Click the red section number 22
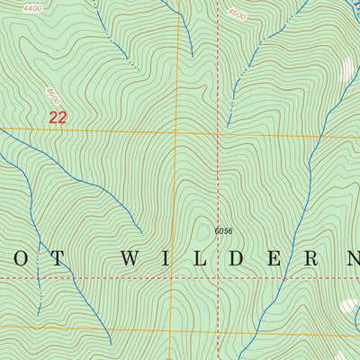(x=58, y=117)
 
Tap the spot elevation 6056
(x=223, y=231)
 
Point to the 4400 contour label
(x=33, y=8)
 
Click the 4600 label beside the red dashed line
(x=237, y=14)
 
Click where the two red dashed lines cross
(x=218, y=278)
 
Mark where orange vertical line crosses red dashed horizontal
(x=172, y=278)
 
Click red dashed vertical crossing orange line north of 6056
(x=218, y=133)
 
